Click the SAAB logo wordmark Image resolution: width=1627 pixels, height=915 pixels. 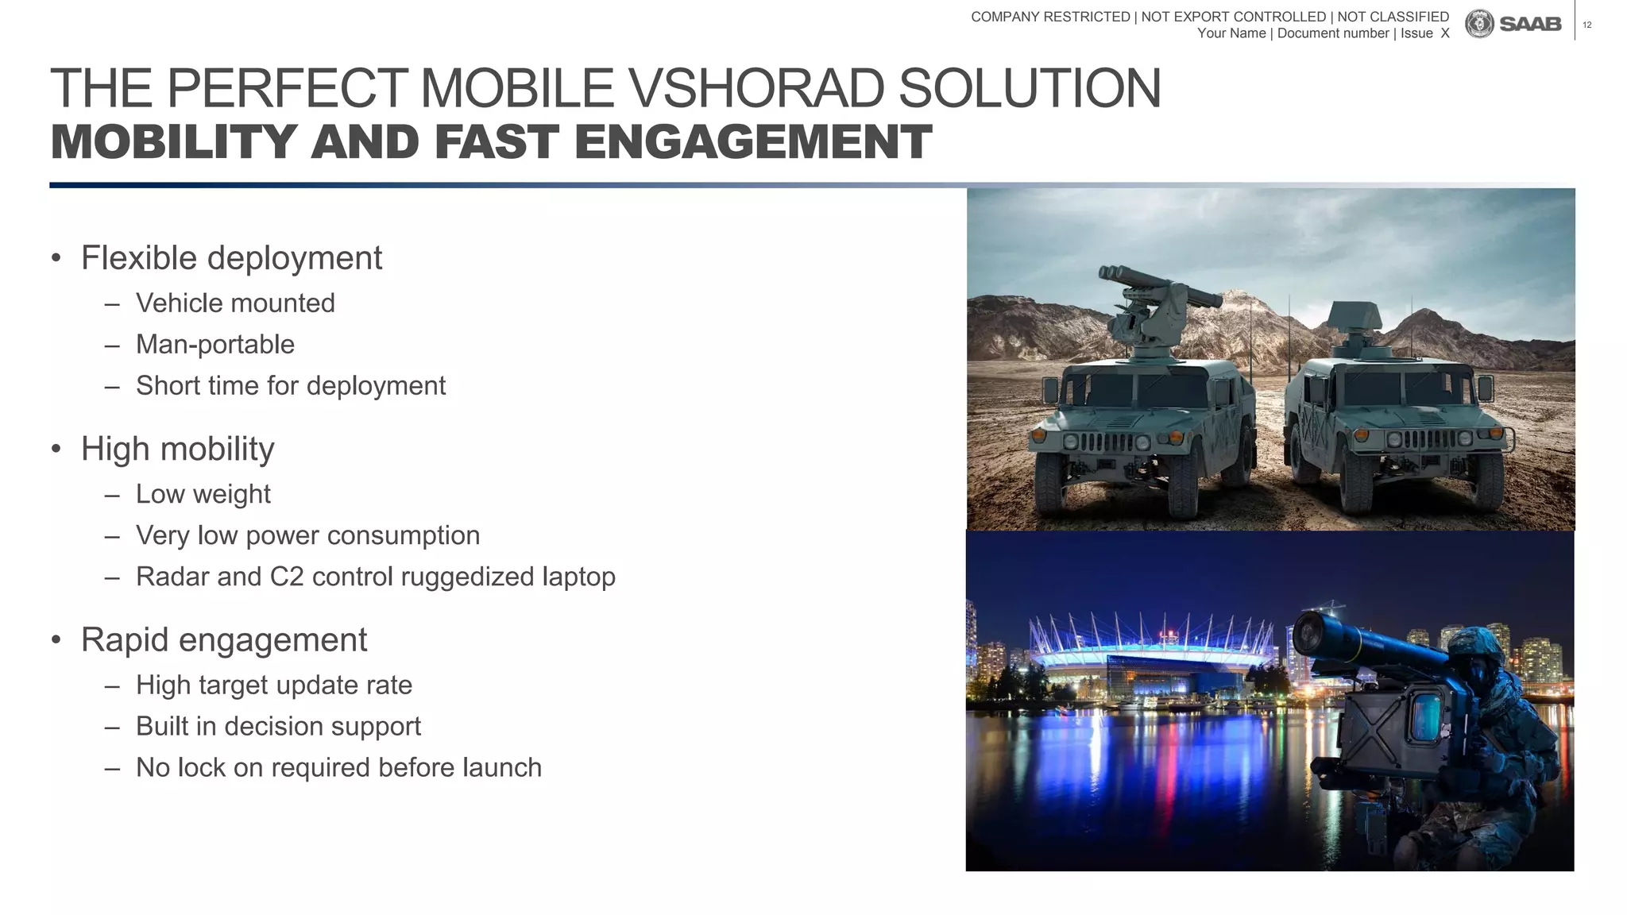(x=1529, y=25)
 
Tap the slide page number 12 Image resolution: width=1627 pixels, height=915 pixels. (x=1587, y=25)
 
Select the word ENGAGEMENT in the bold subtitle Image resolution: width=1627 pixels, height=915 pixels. (x=752, y=142)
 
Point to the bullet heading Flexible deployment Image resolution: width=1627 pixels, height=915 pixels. (x=231, y=258)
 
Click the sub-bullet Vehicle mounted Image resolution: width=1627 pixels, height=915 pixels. (x=235, y=303)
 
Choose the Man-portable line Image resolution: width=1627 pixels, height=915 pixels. (x=215, y=345)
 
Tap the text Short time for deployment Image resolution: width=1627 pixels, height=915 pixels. (x=291, y=386)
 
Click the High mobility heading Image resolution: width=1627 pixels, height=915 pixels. (x=177, y=450)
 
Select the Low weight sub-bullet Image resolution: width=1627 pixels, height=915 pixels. (x=203, y=494)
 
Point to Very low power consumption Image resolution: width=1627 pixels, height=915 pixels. (x=307, y=535)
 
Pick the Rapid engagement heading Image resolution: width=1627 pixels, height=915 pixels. (x=224, y=640)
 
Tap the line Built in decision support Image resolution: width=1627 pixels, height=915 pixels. (x=278, y=727)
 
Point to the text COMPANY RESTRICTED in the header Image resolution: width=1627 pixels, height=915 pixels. (x=1050, y=17)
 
